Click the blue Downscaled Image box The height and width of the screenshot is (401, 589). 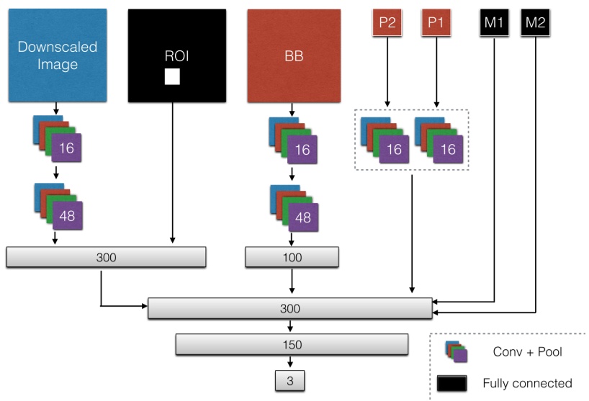(x=58, y=55)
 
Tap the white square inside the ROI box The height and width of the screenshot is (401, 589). (x=172, y=76)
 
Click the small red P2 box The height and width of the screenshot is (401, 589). (x=387, y=22)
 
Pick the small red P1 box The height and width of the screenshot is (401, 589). (x=435, y=22)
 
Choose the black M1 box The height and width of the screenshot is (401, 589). (x=494, y=22)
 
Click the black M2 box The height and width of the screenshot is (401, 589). (x=535, y=22)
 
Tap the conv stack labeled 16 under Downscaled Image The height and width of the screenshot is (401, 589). (x=58, y=140)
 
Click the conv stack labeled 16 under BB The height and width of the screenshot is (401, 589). (x=292, y=140)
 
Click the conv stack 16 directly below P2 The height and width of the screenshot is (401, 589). (x=384, y=140)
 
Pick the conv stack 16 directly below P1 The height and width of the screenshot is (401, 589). (x=439, y=140)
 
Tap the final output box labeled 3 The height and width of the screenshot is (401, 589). (x=291, y=379)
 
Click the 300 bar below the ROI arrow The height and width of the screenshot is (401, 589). (x=106, y=257)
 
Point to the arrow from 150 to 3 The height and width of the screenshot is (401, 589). (x=291, y=362)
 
